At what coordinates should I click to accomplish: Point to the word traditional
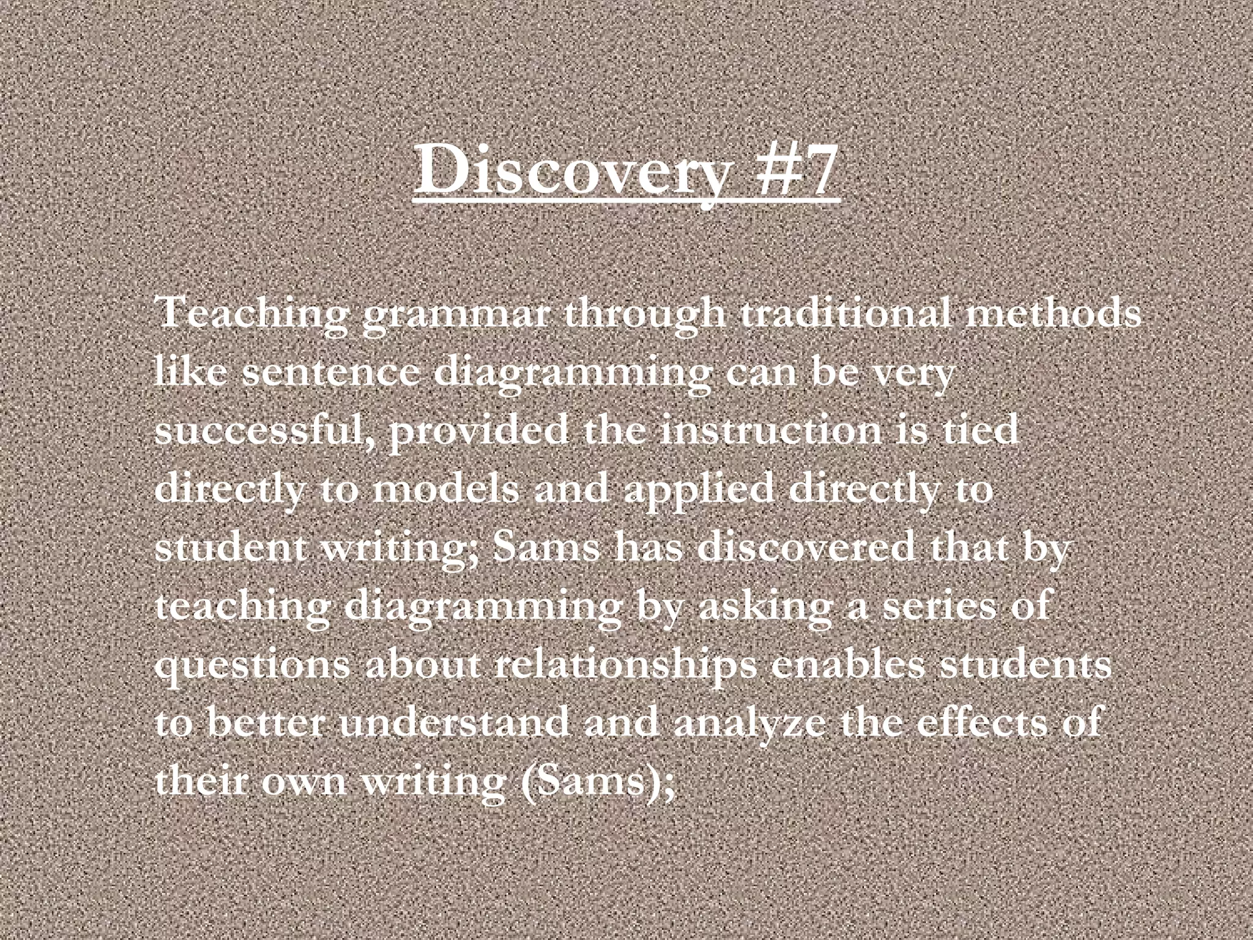click(x=845, y=313)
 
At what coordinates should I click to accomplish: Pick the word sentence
click(x=331, y=372)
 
